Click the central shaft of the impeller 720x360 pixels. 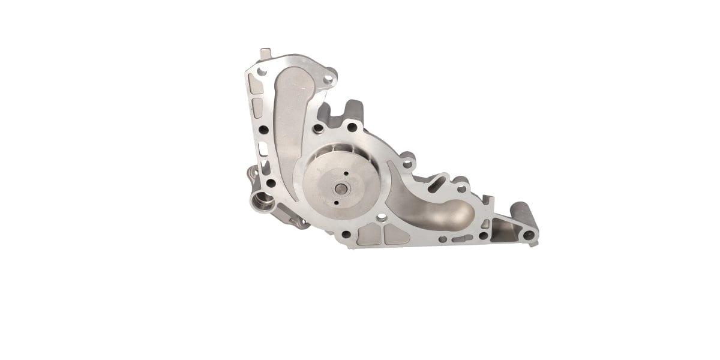(x=341, y=189)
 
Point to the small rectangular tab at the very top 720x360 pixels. (x=265, y=53)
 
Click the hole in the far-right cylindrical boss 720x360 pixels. (x=528, y=235)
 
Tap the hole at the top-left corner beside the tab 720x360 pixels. (x=262, y=71)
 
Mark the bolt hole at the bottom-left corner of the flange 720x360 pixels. (x=271, y=184)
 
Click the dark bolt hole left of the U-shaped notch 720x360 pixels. (x=319, y=128)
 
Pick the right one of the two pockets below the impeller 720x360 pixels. (x=396, y=235)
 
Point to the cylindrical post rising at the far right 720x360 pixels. (x=520, y=213)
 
